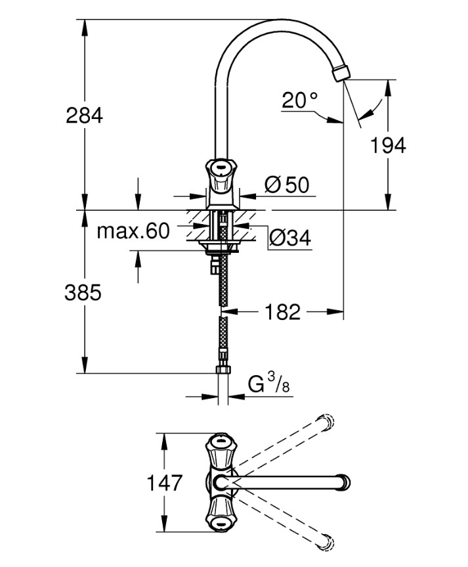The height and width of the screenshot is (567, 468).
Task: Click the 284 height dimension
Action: (84, 116)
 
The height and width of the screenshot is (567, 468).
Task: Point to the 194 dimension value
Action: (388, 146)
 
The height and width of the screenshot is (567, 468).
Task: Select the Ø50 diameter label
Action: (287, 186)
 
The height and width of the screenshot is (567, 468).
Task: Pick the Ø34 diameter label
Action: (289, 238)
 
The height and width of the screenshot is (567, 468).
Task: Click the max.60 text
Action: (133, 231)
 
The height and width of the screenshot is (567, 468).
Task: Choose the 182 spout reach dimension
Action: (284, 312)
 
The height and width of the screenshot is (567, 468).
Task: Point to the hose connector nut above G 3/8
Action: (223, 367)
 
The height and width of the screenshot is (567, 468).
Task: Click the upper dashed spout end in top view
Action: (326, 422)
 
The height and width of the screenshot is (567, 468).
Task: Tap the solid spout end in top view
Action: (343, 483)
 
